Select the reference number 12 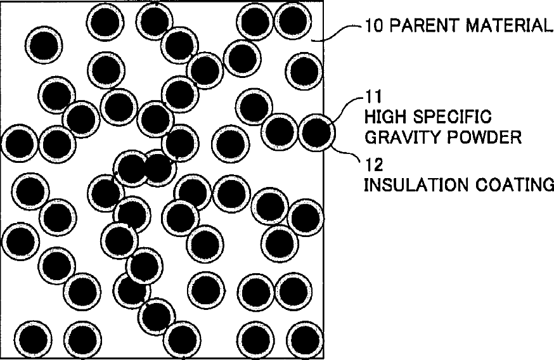click(x=371, y=166)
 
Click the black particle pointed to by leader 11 click(x=316, y=132)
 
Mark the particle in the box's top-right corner click(x=292, y=20)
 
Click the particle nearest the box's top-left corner click(x=44, y=44)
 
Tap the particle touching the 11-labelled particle click(x=280, y=131)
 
